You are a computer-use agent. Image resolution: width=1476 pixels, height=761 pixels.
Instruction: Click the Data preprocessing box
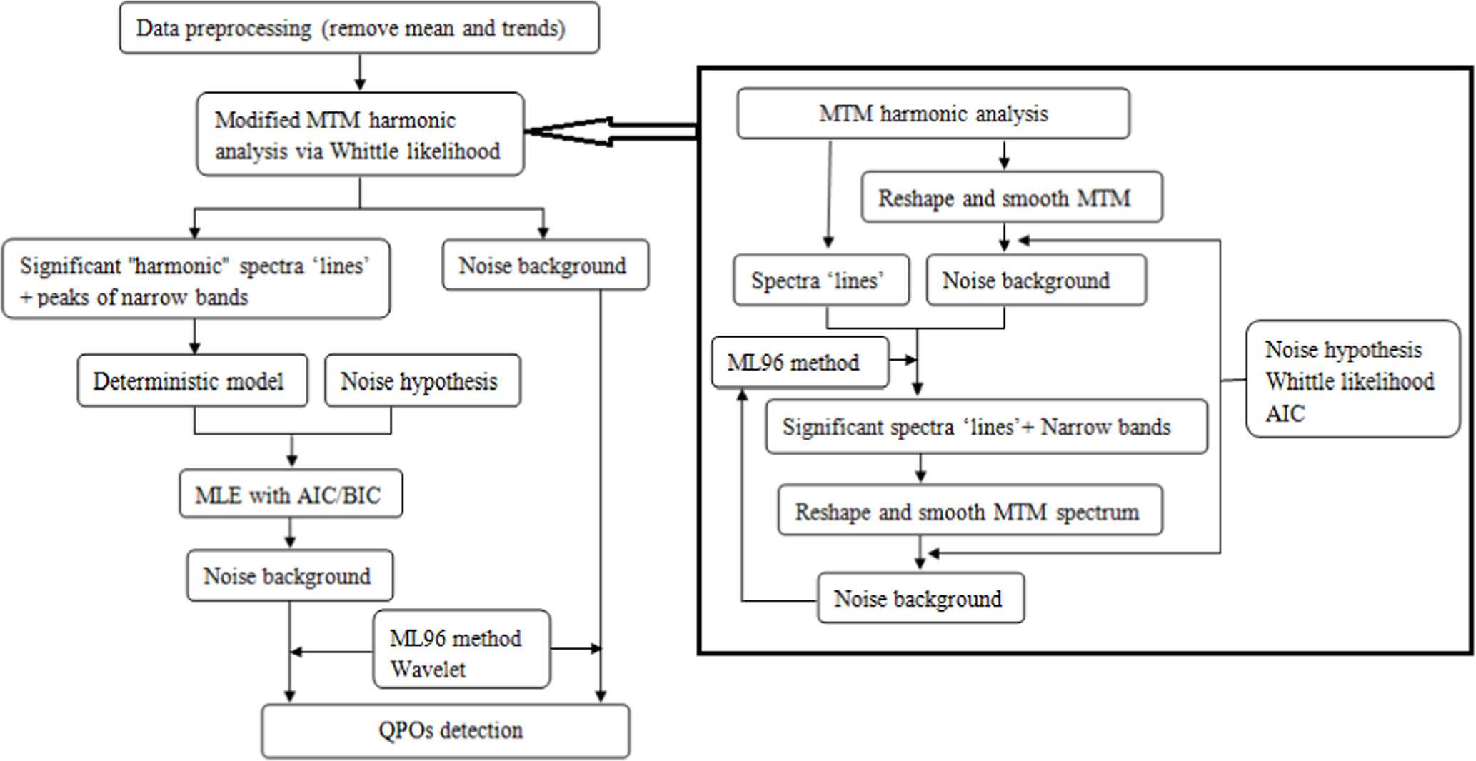358,29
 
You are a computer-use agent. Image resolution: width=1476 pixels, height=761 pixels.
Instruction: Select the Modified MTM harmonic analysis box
360,134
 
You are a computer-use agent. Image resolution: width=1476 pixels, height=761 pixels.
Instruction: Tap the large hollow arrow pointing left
607,131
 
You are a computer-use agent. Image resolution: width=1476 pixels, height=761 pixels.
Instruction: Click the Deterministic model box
192,381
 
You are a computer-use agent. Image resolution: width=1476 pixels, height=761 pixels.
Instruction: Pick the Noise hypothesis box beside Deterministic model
422,381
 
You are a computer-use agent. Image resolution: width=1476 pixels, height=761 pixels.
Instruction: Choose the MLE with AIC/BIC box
290,494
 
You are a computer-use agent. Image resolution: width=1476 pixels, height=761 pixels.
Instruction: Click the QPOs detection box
446,731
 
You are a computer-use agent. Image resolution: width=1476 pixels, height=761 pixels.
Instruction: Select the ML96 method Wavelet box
461,650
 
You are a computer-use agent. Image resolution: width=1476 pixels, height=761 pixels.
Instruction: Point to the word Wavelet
428,670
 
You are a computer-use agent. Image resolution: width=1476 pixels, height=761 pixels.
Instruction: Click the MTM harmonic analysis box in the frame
933,114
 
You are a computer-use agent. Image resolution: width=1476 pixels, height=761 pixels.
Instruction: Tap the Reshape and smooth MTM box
1010,198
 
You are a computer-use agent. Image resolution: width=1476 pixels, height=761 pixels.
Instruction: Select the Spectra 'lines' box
820,281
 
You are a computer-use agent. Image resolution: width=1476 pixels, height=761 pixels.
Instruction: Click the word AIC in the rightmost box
1285,413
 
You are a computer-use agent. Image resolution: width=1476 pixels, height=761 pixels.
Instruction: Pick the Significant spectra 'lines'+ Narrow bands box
985,427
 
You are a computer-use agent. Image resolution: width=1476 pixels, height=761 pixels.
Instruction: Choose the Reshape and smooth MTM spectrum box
969,511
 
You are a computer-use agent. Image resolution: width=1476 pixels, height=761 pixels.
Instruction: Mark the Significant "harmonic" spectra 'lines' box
196,280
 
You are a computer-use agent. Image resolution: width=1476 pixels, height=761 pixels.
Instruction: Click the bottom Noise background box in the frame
920,598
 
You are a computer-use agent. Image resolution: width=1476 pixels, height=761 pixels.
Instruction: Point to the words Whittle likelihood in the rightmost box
1350,381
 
